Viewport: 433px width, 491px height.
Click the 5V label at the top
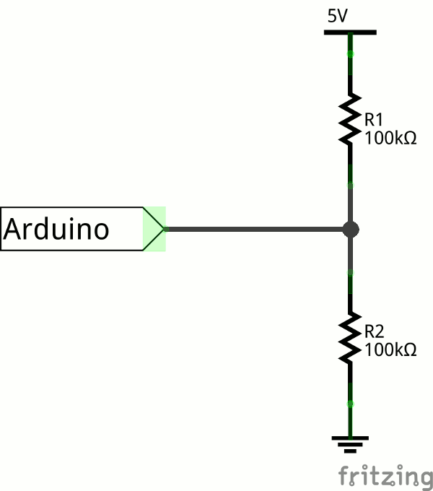point(337,16)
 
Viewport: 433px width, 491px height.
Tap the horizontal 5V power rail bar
point(350,32)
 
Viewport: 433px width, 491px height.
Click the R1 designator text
point(374,120)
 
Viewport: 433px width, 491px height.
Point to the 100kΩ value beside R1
point(390,137)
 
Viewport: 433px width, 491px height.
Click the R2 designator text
point(374,332)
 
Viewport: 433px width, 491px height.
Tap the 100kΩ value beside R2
point(390,350)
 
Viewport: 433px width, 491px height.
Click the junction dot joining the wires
point(351,230)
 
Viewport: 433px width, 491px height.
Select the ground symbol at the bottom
point(351,443)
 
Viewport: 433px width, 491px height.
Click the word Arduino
point(57,230)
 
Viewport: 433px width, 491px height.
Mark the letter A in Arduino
point(14,230)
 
